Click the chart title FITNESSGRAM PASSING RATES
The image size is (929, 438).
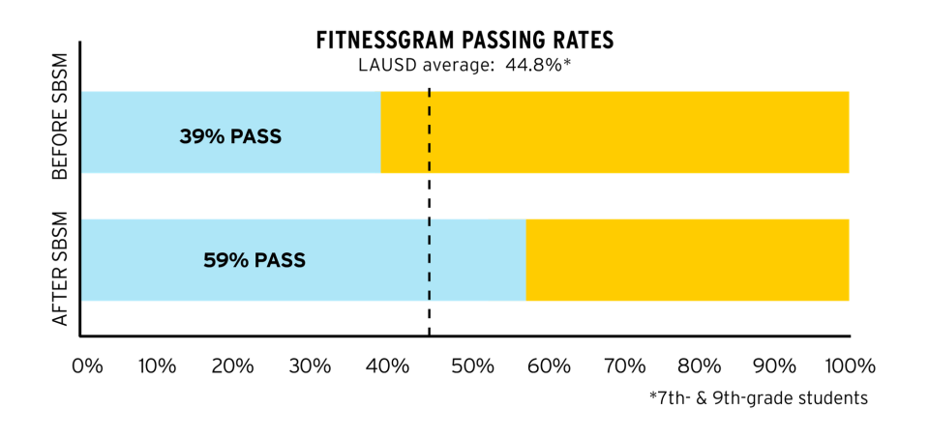(x=466, y=42)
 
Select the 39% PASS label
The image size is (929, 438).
(x=230, y=136)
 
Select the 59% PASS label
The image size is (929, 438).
(x=255, y=260)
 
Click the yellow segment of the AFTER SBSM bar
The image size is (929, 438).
(x=687, y=260)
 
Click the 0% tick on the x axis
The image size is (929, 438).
(x=87, y=366)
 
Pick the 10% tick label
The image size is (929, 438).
(x=157, y=366)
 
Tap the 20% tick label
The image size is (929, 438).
(x=233, y=366)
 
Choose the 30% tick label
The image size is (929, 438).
(x=311, y=366)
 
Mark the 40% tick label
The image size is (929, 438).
(x=388, y=366)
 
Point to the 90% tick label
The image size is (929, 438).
(x=776, y=366)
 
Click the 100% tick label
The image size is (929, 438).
(x=849, y=366)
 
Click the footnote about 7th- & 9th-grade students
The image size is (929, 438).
(x=758, y=398)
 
